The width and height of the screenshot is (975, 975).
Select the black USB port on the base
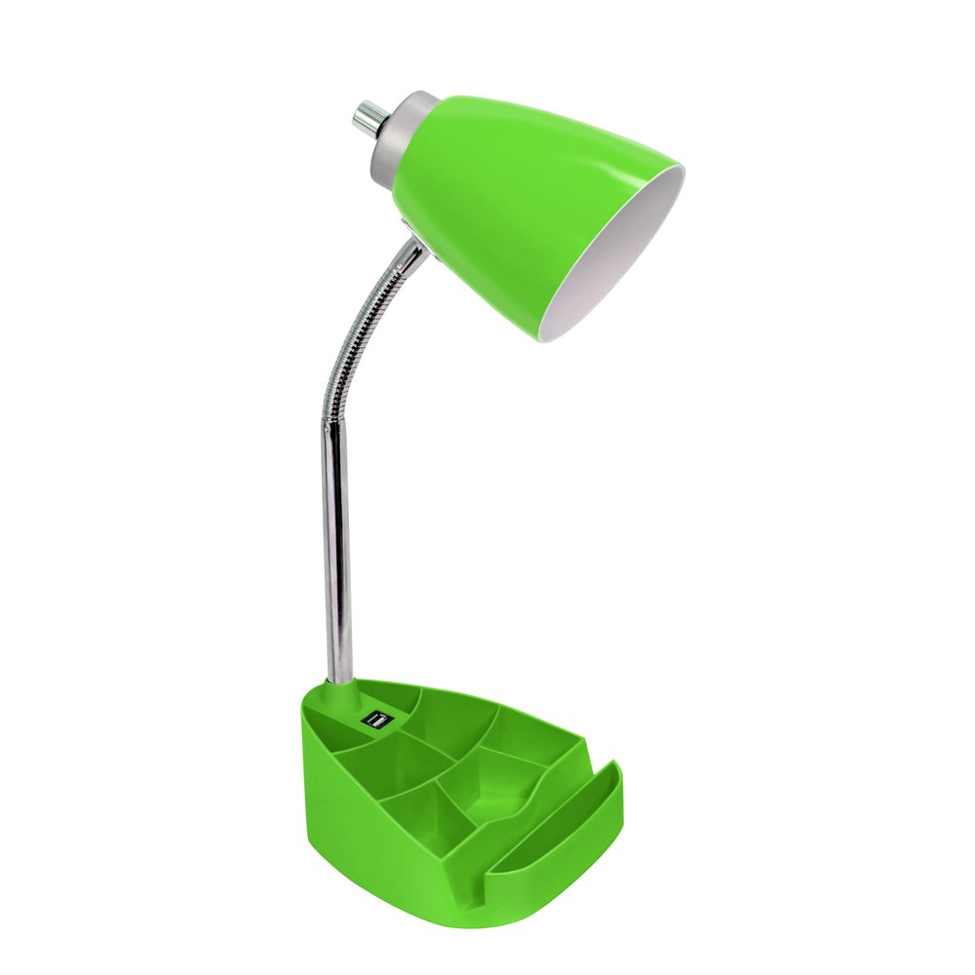click(373, 721)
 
